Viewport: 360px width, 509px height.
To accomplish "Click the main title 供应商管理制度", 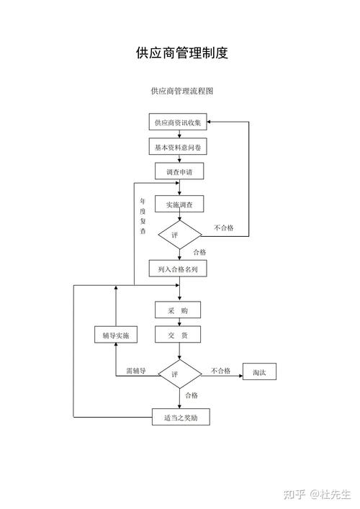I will tap(181, 53).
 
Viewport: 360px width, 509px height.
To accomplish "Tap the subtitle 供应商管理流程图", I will tap(181, 91).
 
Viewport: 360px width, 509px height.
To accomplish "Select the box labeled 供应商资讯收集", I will tap(178, 123).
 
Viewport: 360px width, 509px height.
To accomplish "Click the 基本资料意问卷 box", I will tap(178, 147).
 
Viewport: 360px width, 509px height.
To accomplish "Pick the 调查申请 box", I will tap(179, 172).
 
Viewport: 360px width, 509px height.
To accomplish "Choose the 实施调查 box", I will tap(179, 204).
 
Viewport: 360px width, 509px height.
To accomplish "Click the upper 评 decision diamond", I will tap(179, 235).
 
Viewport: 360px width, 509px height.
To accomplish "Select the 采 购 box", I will tap(178, 310).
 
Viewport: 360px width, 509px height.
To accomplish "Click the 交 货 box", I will tap(178, 335).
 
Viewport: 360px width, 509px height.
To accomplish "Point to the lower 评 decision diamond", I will tap(179, 374).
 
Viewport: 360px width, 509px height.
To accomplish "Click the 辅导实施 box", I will tap(116, 336).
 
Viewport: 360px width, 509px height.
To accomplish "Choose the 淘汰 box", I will tap(259, 372).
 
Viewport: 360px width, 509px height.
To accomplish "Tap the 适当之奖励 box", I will tap(180, 417).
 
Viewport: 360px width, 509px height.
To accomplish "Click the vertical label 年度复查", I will tap(143, 216).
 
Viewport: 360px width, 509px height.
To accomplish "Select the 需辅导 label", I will tap(135, 371).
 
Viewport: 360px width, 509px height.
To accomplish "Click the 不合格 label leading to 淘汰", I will tap(220, 371).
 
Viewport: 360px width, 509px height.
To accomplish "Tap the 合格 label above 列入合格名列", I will tap(199, 252).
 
